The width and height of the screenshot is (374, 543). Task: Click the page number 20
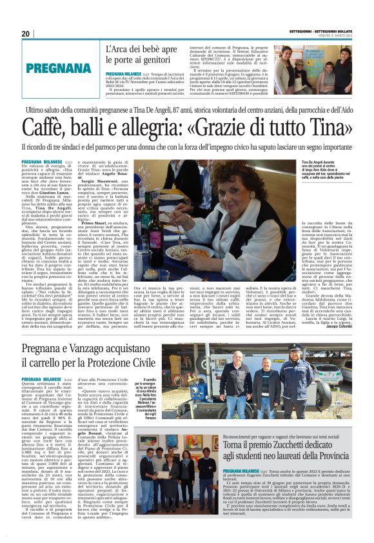(x=26, y=34)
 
